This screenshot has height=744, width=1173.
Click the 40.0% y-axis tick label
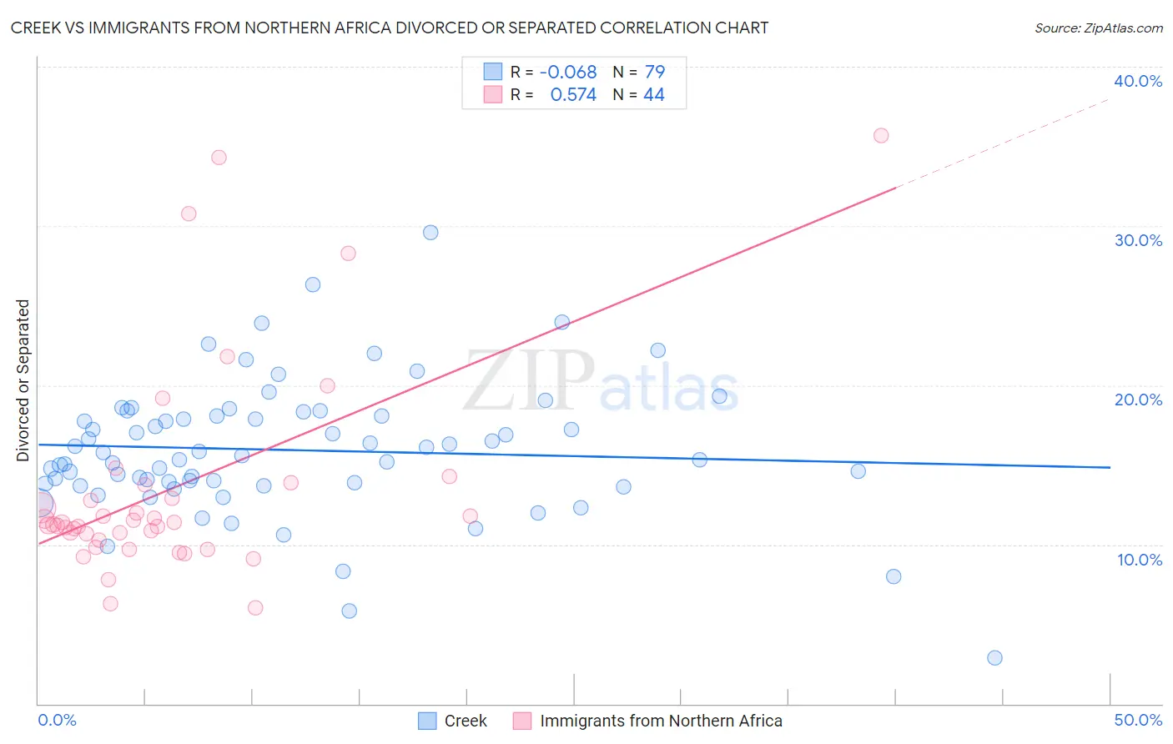(x=1137, y=81)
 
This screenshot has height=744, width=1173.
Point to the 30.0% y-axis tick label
(x=1137, y=240)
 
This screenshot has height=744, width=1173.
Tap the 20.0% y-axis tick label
(x=1137, y=400)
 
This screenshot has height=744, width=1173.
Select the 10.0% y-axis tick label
(x=1139, y=560)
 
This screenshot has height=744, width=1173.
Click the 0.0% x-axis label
(x=57, y=720)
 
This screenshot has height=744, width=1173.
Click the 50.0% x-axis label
(x=1137, y=720)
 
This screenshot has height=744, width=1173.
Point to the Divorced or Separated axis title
(x=23, y=380)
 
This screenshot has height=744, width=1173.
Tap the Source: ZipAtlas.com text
(x=1098, y=28)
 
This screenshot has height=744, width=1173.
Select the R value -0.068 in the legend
(x=568, y=72)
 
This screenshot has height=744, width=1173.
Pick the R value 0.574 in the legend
(x=573, y=95)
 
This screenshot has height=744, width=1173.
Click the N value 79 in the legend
(x=655, y=72)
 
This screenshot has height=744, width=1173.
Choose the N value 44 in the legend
(x=654, y=95)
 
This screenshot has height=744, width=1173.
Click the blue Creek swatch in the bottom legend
(x=427, y=721)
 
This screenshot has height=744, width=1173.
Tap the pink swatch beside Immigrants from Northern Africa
(x=522, y=721)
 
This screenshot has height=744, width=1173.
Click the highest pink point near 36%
(x=881, y=135)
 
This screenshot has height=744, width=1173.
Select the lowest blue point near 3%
(x=994, y=658)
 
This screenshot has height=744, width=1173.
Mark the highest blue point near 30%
(x=430, y=233)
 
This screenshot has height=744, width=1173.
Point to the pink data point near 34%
(x=219, y=158)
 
